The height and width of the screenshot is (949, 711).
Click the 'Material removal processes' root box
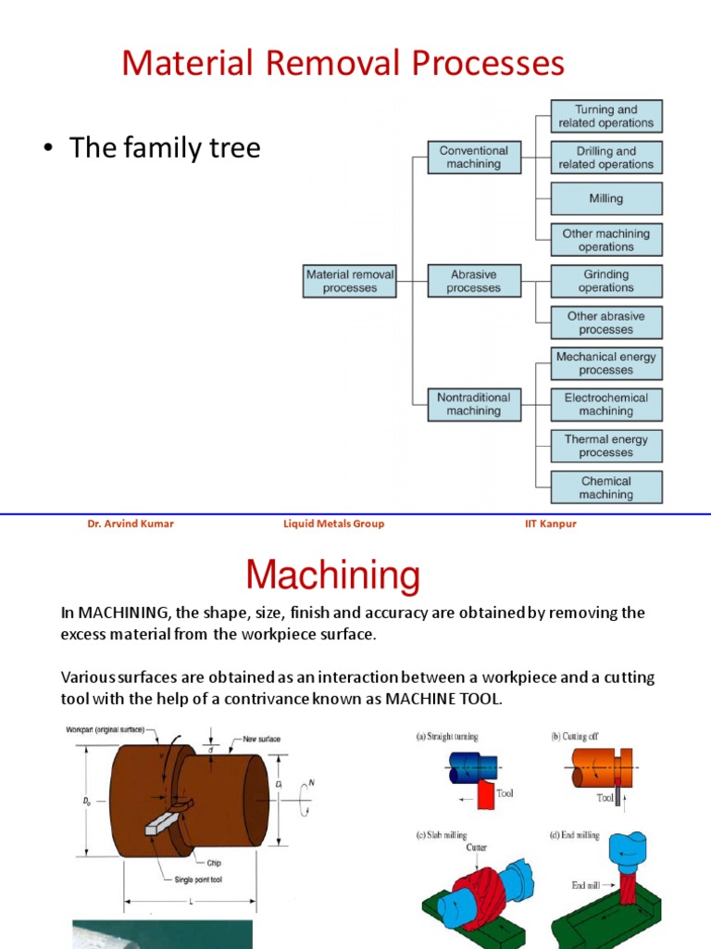(x=350, y=281)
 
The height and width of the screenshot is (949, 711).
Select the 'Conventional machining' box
(x=473, y=157)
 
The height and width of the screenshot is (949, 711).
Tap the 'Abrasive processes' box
(x=473, y=281)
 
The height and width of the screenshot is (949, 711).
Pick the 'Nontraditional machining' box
(x=473, y=404)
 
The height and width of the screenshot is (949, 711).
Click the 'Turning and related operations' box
(x=606, y=116)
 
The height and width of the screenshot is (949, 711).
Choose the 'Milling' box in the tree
(x=606, y=198)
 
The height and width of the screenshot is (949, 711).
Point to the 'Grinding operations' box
(x=606, y=281)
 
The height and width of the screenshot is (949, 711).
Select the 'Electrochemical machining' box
(x=606, y=404)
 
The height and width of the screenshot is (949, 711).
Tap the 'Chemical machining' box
(x=606, y=487)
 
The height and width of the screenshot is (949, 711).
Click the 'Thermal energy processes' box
(x=606, y=446)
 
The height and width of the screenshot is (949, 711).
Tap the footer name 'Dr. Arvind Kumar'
(x=130, y=524)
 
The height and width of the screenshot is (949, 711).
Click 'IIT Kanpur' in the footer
(x=550, y=524)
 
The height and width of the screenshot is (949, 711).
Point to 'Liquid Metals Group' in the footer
(x=333, y=524)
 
